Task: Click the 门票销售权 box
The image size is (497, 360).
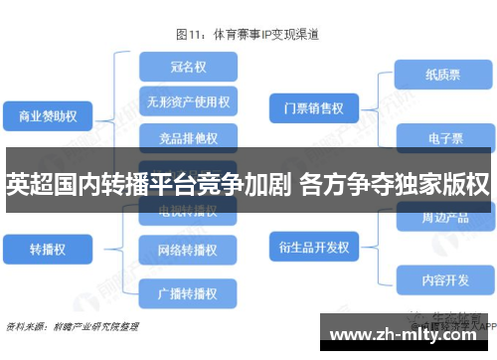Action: (x=312, y=106)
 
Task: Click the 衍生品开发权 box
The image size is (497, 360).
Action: (x=312, y=245)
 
